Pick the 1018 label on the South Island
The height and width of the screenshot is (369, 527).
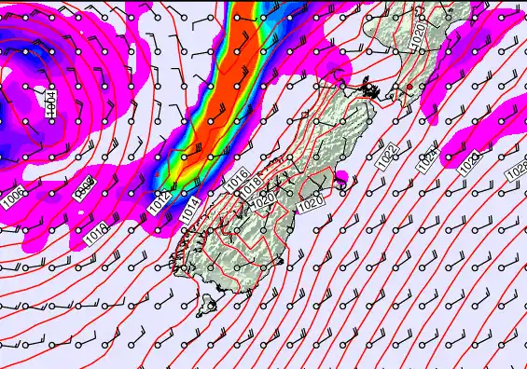pyautogui.click(x=249, y=186)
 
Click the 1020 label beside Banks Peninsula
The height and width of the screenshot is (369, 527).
pyautogui.click(x=312, y=199)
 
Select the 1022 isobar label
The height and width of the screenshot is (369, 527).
pyautogui.click(x=388, y=155)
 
